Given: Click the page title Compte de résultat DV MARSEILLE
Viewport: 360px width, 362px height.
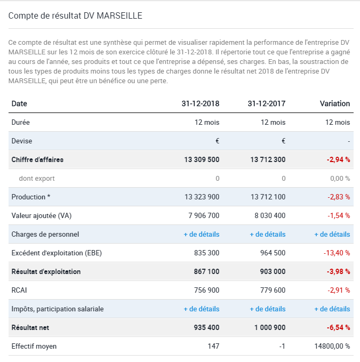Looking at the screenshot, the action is pos(75,15).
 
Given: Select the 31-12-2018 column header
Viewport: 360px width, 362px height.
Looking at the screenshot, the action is pos(201,103).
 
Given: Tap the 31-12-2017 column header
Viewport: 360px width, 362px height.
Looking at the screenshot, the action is pos(267,103).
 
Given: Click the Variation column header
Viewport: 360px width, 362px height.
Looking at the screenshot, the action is pos(335,103).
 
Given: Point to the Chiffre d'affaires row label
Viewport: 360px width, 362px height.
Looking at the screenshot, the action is pos(37,159).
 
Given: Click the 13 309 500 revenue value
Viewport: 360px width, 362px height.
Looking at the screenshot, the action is pos(202,159).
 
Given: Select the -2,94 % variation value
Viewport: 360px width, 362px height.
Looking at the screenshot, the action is pos(338,159).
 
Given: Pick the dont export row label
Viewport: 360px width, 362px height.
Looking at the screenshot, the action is pos(37,179).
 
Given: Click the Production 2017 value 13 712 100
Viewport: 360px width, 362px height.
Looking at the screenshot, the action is pos(268,197).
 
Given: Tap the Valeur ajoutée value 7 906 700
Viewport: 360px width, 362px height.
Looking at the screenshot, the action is pos(204,215).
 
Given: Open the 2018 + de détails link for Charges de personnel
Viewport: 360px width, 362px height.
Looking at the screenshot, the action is pos(202,235).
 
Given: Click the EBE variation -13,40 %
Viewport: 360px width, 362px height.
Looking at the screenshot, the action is pos(337,253).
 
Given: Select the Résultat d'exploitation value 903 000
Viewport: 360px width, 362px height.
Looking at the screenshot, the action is pos(273,271).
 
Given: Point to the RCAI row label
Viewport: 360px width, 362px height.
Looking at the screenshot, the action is pos(19,290).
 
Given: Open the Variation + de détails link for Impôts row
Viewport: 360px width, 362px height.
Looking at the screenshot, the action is pos(332,309).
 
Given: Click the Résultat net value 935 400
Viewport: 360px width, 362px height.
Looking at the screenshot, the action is pos(206,327).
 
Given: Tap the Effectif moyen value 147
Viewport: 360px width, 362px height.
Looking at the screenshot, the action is pos(213,346).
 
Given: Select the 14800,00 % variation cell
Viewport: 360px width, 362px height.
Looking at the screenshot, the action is pos(332,346).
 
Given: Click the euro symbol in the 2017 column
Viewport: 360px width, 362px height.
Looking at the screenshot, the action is pos(283,141).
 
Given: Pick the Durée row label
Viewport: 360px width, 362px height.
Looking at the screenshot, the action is pos(21,122).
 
